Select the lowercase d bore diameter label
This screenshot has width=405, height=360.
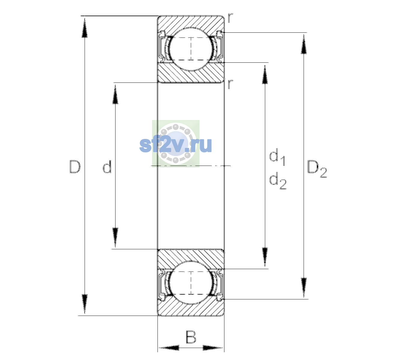pyautogui.click(x=107, y=166)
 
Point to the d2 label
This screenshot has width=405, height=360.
pyautogui.click(x=278, y=181)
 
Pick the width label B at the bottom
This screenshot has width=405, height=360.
pyautogui.click(x=191, y=337)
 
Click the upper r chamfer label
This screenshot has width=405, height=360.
pyautogui.click(x=230, y=18)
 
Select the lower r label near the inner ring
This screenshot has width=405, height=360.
pyautogui.click(x=230, y=84)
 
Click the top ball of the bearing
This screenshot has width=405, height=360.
pyautogui.click(x=191, y=49)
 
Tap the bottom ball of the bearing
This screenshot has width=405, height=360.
pyautogui.click(x=191, y=282)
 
